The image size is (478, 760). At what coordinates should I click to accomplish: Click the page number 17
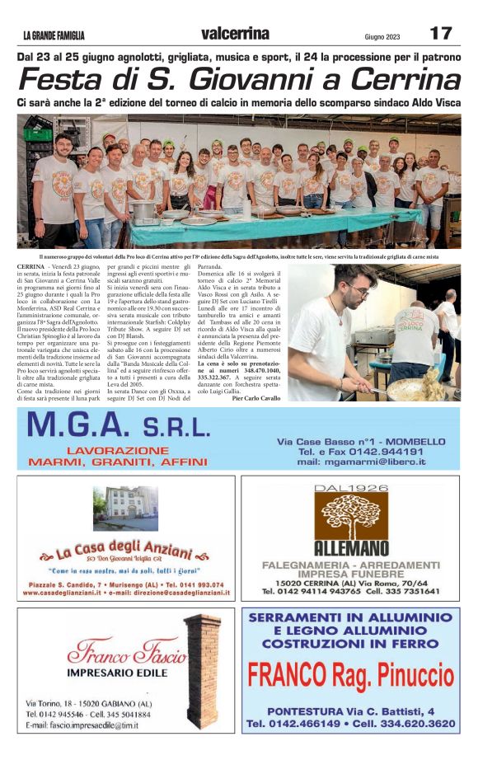[440, 33]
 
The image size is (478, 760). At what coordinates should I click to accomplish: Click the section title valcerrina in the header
[235, 34]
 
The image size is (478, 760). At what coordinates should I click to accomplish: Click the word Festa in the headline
[63, 81]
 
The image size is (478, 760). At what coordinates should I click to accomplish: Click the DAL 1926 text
[350, 488]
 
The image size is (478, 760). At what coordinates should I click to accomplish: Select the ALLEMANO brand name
[350, 547]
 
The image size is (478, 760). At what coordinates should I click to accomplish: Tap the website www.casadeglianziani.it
[68, 593]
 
